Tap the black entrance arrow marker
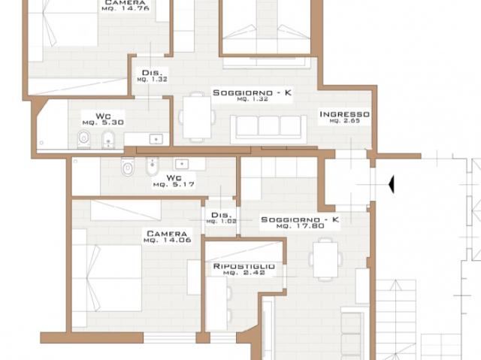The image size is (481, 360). click(391, 184)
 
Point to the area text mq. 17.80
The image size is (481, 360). click(300, 226)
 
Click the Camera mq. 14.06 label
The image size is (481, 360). click(167, 237)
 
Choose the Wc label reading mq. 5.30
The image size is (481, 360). click(103, 119)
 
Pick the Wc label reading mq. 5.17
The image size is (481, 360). click(174, 181)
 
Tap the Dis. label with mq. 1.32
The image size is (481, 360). click(152, 76)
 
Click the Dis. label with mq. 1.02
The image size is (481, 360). click(221, 218)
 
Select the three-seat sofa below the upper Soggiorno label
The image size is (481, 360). click(269, 129)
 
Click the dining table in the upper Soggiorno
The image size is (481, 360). click(197, 117)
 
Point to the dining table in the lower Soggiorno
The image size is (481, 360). click(325, 259)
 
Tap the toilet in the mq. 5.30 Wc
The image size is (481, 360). click(83, 139)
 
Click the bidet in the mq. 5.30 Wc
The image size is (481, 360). click(108, 140)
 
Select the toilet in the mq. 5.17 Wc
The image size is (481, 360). click(128, 166)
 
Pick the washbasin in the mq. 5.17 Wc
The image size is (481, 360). click(182, 164)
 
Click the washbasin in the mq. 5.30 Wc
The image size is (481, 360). click(156, 139)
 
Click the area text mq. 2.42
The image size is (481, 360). click(244, 273)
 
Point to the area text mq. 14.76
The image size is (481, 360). click(126, 8)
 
